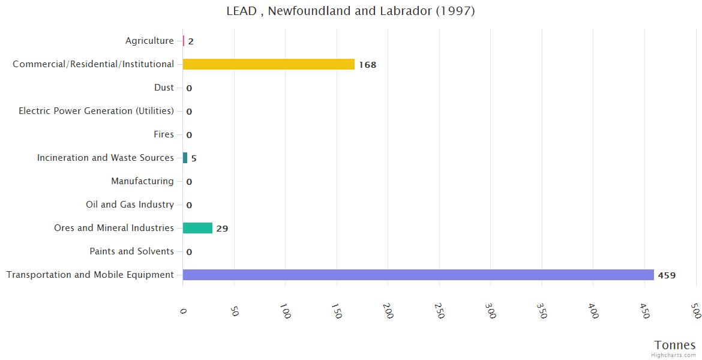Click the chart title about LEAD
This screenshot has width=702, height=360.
point(350,11)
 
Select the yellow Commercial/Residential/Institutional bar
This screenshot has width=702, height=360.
point(268,64)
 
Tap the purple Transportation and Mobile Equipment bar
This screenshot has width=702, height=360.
point(418,275)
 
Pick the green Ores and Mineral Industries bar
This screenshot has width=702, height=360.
point(197,228)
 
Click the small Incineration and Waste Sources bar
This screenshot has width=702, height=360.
point(185,158)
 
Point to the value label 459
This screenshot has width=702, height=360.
point(667,275)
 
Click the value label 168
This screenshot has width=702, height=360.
point(367,65)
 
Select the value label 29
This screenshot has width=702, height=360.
point(222,229)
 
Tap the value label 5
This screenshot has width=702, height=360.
point(194,158)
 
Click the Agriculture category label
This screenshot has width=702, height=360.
point(149,41)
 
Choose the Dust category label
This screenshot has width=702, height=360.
point(164,88)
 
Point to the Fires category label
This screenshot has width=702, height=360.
point(163,134)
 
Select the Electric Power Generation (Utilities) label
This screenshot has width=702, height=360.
point(96,111)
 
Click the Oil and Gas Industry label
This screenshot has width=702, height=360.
point(130,205)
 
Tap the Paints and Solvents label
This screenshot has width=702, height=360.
point(131,251)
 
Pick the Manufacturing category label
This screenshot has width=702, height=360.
point(142,181)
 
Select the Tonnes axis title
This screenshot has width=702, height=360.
point(674,345)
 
